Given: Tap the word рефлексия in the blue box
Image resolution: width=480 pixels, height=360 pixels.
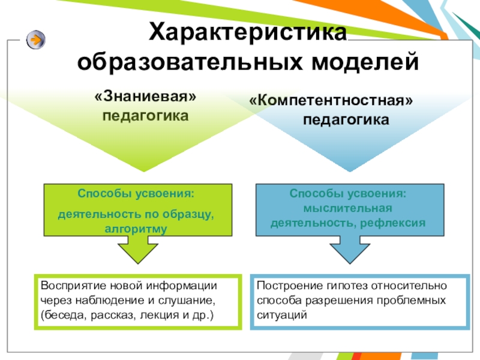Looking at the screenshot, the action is tap(394, 223).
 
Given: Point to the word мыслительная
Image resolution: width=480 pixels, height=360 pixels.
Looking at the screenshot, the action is tap(348, 208).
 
